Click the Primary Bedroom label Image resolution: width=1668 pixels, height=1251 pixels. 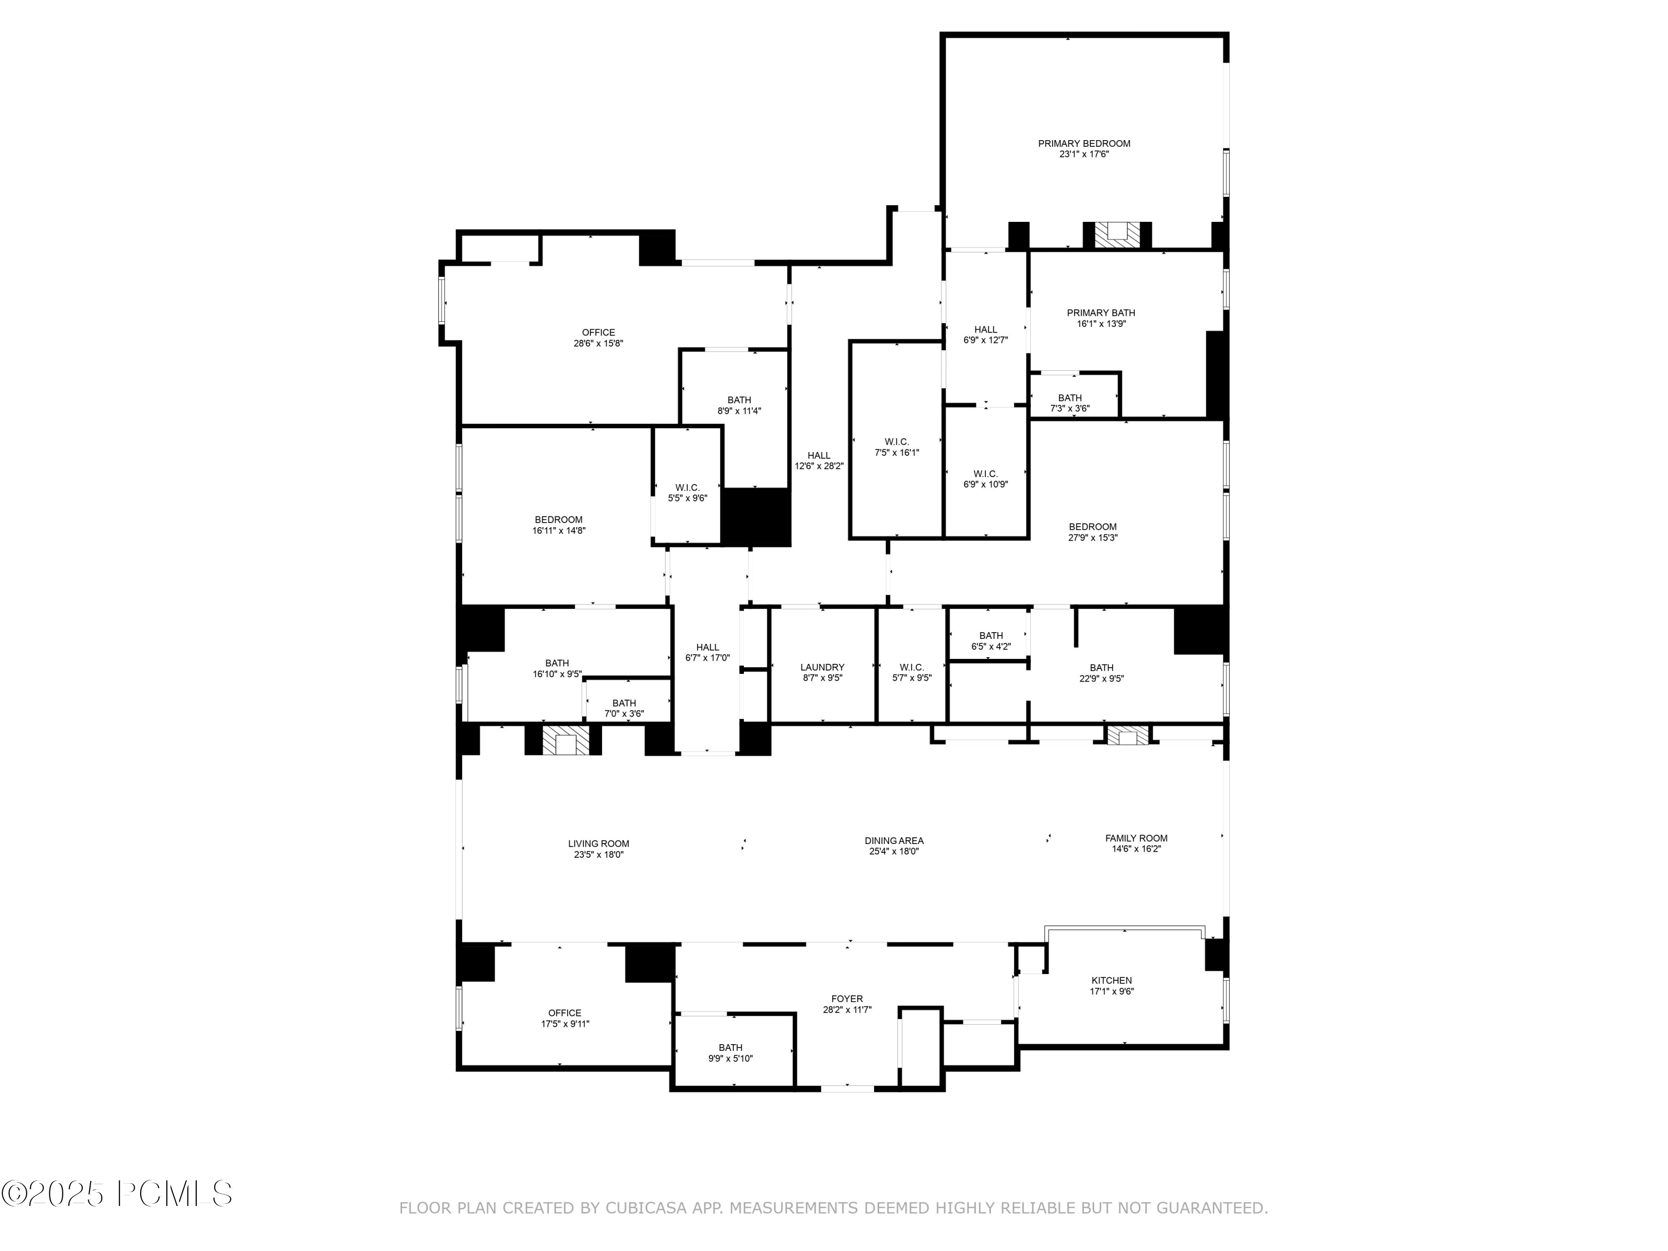pyautogui.click(x=1084, y=144)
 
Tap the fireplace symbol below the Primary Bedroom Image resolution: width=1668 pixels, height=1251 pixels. pyautogui.click(x=1117, y=235)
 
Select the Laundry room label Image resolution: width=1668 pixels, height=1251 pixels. pyautogui.click(x=822, y=667)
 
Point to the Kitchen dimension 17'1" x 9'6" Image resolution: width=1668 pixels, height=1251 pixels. pyautogui.click(x=1111, y=991)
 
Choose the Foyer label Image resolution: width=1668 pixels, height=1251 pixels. pyautogui.click(x=847, y=999)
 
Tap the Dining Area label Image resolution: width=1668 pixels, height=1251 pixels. pyautogui.click(x=893, y=840)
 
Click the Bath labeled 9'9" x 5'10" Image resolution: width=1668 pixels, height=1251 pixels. pyautogui.click(x=730, y=1048)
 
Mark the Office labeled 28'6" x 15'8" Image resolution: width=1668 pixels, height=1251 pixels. pyautogui.click(x=598, y=332)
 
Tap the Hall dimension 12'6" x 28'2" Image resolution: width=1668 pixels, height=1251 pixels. pyautogui.click(x=819, y=466)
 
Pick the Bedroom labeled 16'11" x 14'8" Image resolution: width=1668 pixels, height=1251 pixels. pyautogui.click(x=559, y=519)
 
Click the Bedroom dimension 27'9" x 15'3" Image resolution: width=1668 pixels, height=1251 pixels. pyautogui.click(x=1092, y=538)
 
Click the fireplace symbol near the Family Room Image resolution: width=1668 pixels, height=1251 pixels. pyautogui.click(x=1126, y=735)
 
